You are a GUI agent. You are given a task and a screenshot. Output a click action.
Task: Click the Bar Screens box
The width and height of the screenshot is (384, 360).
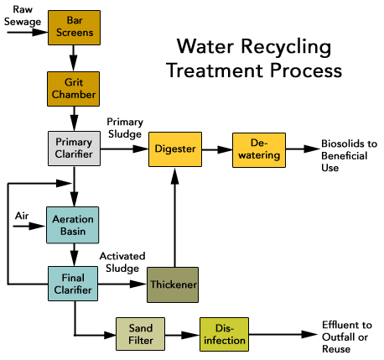tap(74, 28)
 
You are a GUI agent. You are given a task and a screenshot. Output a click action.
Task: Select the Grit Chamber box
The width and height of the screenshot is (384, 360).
tap(73, 89)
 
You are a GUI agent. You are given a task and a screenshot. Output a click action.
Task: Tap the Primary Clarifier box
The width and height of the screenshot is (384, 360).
tap(74, 149)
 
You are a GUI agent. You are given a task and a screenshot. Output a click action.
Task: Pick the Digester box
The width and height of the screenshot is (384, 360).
tap(175, 149)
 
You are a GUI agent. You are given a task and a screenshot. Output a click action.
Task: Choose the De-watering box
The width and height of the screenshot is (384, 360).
tap(259, 150)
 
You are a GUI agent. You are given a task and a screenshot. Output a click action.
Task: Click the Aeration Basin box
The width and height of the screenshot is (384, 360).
tap(73, 225)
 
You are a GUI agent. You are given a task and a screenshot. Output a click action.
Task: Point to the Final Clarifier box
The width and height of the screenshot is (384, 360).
tap(73, 284)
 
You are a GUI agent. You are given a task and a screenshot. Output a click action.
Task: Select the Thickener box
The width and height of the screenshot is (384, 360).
tap(173, 284)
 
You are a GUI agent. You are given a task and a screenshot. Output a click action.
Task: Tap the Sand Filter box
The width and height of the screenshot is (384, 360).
tap(140, 334)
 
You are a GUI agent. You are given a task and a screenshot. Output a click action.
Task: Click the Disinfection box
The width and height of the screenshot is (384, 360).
tap(224, 334)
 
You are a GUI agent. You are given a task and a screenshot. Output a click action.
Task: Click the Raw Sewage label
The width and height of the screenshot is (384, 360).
tap(23, 16)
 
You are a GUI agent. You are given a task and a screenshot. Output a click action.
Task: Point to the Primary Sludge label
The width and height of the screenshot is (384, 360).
tap(125, 128)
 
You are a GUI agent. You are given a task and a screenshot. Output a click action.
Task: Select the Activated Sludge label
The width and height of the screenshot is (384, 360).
tap(122, 262)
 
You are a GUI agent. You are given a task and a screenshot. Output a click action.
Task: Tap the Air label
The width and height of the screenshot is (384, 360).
tap(22, 216)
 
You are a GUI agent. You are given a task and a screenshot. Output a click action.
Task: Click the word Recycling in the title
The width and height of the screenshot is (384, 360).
tap(286, 47)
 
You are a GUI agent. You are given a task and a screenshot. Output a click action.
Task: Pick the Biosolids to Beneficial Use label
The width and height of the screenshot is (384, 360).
tap(349, 155)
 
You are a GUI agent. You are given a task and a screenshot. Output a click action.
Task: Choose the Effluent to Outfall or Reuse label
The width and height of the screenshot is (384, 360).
tap(347, 337)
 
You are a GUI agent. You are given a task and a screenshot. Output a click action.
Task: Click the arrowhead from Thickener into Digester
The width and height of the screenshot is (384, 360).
tap(174, 175)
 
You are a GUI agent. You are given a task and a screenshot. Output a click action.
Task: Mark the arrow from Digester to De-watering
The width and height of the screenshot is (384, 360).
tap(217, 149)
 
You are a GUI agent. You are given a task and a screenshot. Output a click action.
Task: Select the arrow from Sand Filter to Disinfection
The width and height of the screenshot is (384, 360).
tap(182, 335)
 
